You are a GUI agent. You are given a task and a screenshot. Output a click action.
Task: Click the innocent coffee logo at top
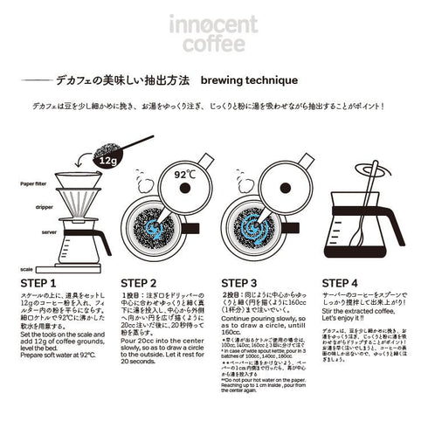click(x=213, y=33)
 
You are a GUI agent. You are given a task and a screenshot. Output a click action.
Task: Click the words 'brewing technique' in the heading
click(x=249, y=79)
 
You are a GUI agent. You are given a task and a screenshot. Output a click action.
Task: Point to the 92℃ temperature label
click(x=185, y=175)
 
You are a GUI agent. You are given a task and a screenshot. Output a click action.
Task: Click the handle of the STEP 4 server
click(x=396, y=225)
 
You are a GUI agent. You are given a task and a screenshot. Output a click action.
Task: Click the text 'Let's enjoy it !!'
click(x=343, y=325)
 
